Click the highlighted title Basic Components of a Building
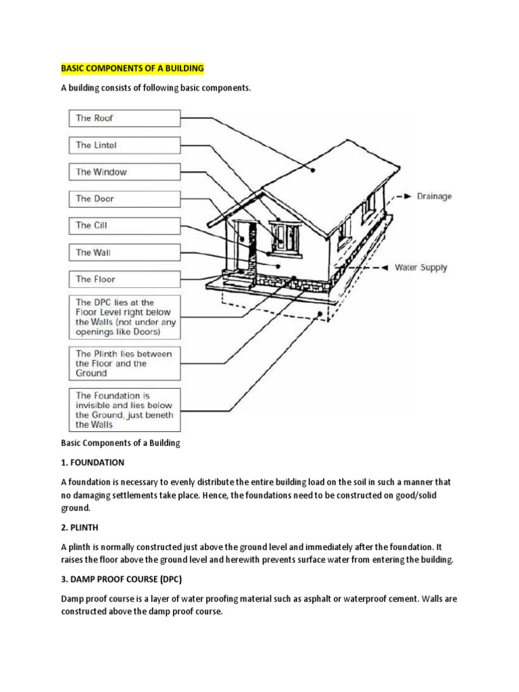[x=132, y=69]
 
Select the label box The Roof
[x=124, y=118]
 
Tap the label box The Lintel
[x=124, y=145]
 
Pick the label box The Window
[x=124, y=172]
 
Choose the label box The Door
[x=124, y=199]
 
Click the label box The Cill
[x=124, y=226]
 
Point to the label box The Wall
[x=124, y=253]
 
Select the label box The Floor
[x=124, y=279]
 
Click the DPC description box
[x=124, y=318]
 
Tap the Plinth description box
[x=124, y=364]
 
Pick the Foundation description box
[x=124, y=410]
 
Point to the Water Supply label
[x=420, y=268]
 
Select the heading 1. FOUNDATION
[x=93, y=462]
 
